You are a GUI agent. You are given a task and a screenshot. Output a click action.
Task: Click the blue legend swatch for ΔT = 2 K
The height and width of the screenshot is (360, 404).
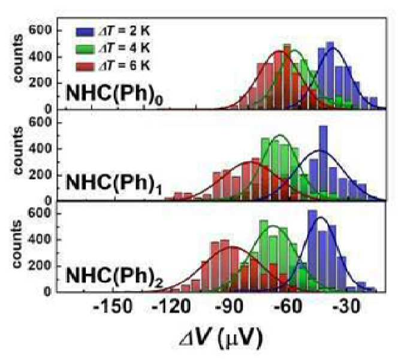tap(85, 32)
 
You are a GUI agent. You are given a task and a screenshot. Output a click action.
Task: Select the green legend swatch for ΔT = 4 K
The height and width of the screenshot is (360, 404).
tap(85, 49)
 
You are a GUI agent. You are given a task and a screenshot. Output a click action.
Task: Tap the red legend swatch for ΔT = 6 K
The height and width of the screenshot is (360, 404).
tap(85, 66)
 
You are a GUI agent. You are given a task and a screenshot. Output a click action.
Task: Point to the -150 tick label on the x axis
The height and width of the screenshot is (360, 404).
tap(113, 307)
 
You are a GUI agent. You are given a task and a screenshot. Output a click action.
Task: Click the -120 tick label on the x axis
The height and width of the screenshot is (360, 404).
tap(171, 307)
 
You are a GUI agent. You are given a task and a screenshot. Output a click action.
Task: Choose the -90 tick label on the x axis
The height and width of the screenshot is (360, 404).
tap(230, 307)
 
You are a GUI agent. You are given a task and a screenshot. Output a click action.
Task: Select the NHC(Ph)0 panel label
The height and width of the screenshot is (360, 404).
tap(114, 93)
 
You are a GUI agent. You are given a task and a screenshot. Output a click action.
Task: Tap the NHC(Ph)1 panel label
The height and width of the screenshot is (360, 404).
tap(114, 184)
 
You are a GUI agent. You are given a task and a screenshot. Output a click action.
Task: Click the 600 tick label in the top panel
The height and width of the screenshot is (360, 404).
tap(40, 30)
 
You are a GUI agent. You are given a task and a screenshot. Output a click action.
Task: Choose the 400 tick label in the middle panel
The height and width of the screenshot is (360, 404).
tap(40, 149)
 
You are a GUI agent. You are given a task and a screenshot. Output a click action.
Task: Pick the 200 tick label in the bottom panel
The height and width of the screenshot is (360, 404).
tap(40, 265)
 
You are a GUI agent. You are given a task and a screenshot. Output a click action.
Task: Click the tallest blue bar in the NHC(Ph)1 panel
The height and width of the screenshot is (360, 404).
tap(323, 163)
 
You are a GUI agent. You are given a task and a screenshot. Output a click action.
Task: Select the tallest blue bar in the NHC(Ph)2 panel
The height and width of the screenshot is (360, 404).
tap(312, 251)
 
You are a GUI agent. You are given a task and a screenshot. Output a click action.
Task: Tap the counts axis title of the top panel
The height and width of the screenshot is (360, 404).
tap(18, 59)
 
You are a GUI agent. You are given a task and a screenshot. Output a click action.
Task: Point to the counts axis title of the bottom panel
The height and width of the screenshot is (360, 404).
tap(17, 244)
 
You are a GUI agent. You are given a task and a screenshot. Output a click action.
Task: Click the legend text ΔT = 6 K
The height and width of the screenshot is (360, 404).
tap(125, 66)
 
